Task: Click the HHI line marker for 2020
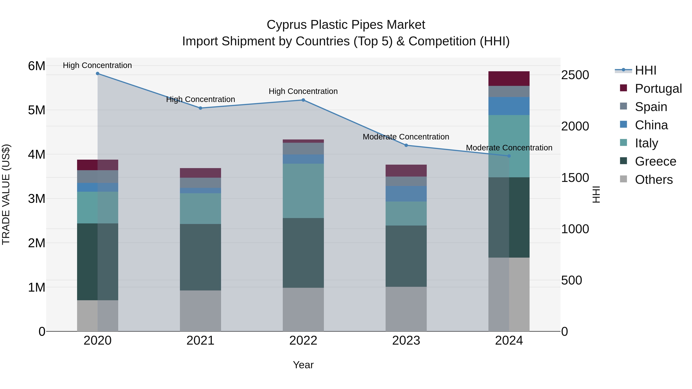97,74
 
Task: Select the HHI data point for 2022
303,100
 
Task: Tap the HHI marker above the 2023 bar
406,145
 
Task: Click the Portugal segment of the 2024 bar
509,79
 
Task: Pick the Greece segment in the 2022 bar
303,253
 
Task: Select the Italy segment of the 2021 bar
200,209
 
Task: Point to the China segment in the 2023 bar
406,194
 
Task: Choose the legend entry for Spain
651,107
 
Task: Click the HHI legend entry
645,70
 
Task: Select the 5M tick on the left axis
37,110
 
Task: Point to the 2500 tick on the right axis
575,75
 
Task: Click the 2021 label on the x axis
200,341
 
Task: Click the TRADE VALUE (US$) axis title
6,194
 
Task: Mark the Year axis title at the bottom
303,365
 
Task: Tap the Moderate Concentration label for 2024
509,148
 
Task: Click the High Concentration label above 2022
303,91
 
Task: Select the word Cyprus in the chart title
286,25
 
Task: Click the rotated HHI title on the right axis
596,194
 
